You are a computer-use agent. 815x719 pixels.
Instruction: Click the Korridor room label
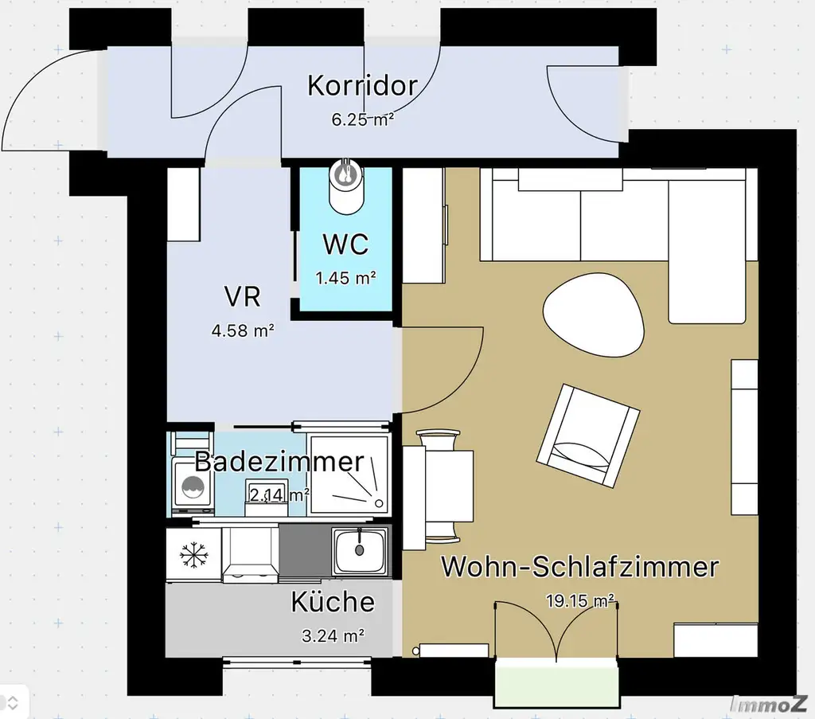point(362,86)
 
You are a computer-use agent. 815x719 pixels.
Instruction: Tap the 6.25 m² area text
point(362,120)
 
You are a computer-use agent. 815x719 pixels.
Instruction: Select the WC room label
point(345,244)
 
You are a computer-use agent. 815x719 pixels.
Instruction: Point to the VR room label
point(243,297)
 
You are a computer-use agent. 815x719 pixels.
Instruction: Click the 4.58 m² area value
point(243,329)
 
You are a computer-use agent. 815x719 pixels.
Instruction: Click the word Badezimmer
point(279,461)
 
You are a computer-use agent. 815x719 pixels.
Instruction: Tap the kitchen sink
point(359,550)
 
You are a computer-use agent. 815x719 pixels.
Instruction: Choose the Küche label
point(332,601)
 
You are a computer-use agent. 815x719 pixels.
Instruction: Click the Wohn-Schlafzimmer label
point(579,568)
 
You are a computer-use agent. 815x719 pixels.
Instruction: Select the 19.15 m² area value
point(580,600)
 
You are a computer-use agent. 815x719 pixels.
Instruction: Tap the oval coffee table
point(593,313)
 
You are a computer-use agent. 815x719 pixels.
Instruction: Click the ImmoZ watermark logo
point(770,703)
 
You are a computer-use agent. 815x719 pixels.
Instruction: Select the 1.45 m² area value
point(345,279)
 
